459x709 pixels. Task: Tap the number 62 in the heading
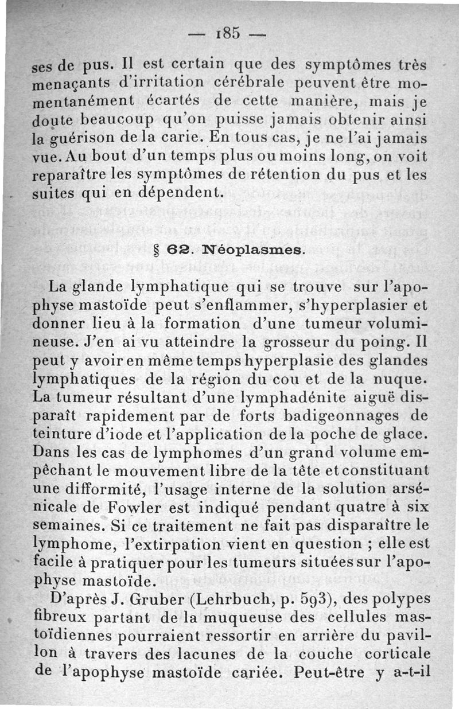coord(176,250)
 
